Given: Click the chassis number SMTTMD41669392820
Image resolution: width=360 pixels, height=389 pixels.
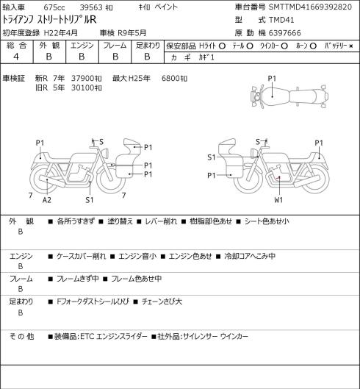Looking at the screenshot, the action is [310, 7].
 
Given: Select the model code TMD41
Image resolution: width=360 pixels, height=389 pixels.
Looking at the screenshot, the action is [281, 20].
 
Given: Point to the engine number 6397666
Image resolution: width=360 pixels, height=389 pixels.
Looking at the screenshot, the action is [285, 33].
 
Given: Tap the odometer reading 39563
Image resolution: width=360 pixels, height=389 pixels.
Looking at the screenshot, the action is [91, 7].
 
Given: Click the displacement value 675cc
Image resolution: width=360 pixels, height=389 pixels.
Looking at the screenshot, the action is [54, 7].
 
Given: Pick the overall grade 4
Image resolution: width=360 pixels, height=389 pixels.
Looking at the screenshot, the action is [16, 57].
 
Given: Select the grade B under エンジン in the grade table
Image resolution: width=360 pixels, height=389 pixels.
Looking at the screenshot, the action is [82, 57].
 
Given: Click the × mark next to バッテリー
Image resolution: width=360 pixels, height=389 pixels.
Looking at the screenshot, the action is [351, 46].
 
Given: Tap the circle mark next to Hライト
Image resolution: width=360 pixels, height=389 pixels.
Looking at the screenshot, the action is [222, 46].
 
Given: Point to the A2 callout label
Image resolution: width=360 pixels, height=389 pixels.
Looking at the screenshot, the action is [46, 200].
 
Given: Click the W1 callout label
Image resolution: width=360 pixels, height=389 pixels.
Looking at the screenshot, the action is [278, 200].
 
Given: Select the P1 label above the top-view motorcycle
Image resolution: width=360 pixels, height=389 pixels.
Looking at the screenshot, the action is [272, 79].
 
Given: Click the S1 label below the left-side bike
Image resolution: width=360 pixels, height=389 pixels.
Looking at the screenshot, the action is [90, 200].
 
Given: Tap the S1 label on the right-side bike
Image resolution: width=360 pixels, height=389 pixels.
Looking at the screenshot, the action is [212, 157].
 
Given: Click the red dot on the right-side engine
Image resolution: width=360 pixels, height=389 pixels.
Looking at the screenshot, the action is [279, 177].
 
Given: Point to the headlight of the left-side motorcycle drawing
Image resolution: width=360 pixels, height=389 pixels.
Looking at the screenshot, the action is [105, 152].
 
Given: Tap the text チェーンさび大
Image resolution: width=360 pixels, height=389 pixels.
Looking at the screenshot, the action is [162, 301].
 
